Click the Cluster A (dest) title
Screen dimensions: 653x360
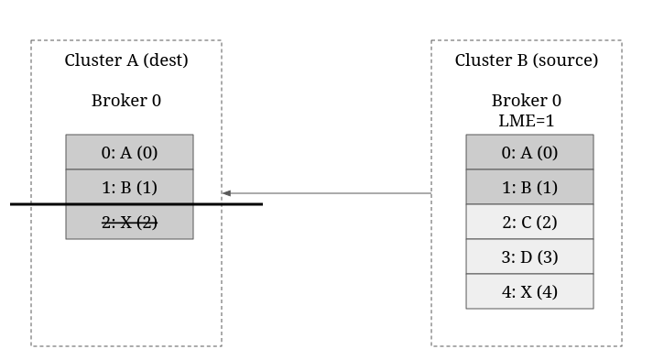tap(126, 60)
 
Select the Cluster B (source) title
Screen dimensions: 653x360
tap(527, 60)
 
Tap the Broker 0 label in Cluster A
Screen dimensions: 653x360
tap(126, 101)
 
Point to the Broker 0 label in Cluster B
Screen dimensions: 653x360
tap(527, 101)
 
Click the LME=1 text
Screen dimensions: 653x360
tap(527, 121)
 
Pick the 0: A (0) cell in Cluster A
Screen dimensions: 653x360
tap(129, 152)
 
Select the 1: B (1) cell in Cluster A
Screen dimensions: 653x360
tap(129, 187)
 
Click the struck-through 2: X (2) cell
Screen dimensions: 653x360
tap(129, 222)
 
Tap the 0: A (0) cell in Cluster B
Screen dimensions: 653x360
tap(529, 152)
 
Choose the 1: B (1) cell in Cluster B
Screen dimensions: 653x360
tap(529, 187)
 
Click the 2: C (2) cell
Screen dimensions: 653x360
tap(529, 222)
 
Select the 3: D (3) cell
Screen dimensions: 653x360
tap(529, 256)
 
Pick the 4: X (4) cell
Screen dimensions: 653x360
tap(529, 291)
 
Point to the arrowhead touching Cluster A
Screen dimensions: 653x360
tap(226, 193)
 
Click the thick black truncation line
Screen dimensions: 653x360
tap(136, 204)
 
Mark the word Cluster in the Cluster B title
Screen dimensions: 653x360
tap(483, 60)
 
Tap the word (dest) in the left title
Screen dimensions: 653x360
tap(166, 60)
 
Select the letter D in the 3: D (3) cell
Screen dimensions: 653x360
tap(527, 257)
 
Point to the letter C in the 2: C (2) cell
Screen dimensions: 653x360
tap(527, 222)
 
